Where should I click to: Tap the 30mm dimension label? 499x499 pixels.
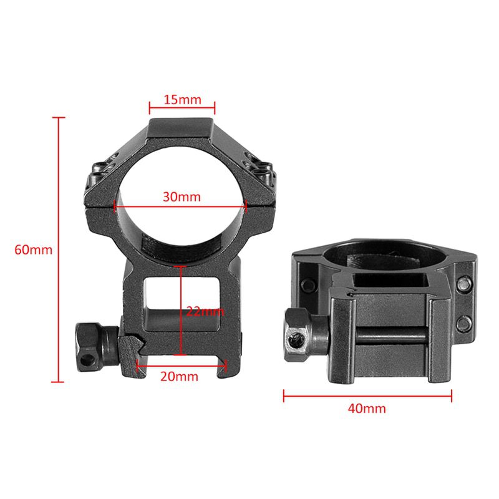pos(182,196)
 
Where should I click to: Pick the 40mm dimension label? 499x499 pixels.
pos(367,409)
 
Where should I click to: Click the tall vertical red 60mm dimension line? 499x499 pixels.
pos(60,249)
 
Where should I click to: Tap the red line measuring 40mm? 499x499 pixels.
pos(367,394)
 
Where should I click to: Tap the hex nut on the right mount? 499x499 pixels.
pos(299,331)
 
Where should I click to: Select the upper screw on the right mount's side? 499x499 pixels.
pos(464,284)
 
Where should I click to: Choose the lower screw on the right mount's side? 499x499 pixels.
pos(464,322)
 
